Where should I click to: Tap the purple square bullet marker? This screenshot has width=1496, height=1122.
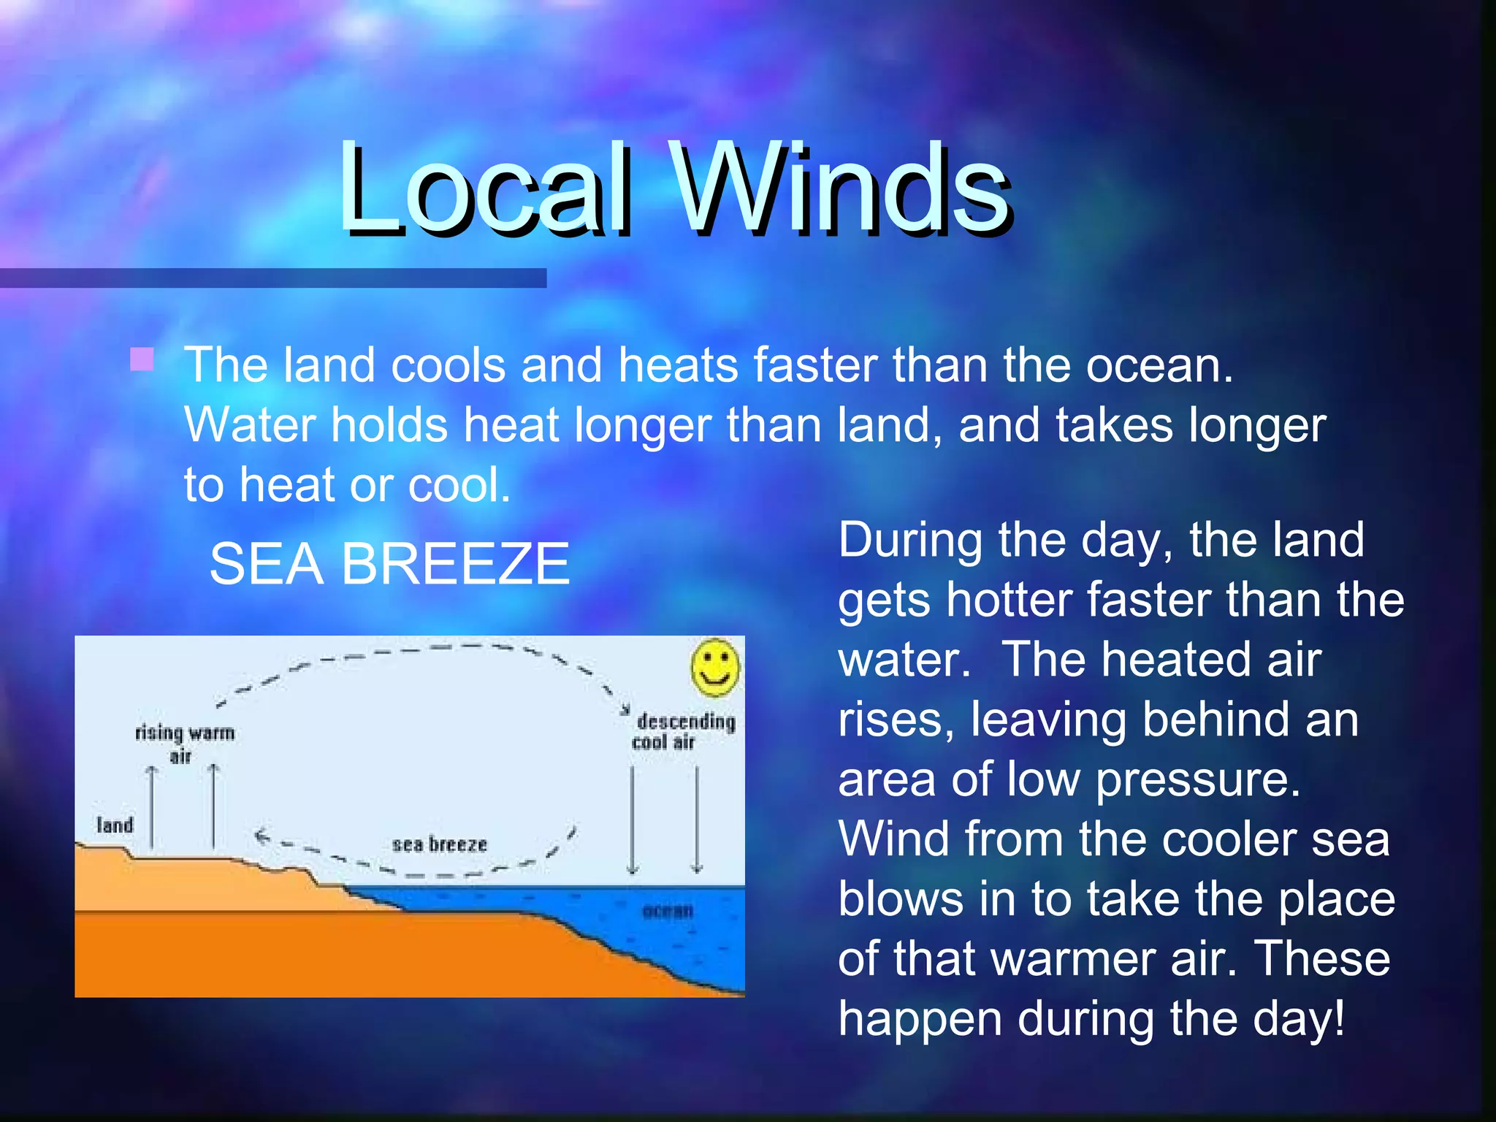142,359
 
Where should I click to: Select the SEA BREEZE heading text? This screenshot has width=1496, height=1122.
389,564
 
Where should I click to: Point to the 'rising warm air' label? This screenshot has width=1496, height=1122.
184,742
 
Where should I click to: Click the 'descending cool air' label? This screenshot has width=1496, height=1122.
684,731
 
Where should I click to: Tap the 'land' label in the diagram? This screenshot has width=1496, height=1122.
115,825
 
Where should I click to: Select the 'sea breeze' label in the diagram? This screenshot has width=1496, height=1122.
439,844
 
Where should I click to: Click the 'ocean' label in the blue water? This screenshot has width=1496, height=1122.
667,911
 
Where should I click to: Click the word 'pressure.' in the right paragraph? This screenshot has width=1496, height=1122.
1198,780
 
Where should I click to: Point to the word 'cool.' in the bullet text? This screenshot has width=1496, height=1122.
459,485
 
